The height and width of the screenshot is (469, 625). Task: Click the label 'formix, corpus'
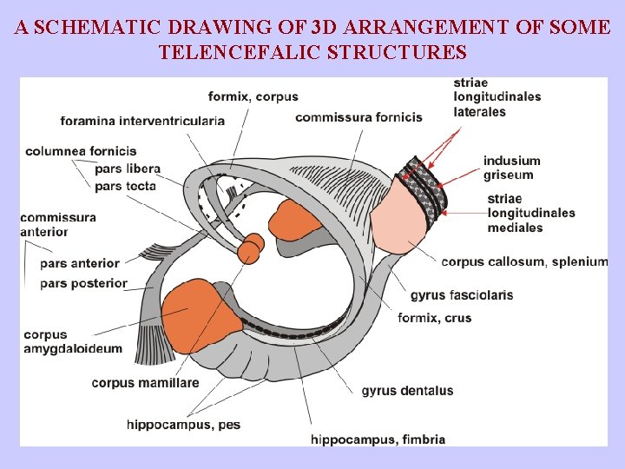(x=253, y=96)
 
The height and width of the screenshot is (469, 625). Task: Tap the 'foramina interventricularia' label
(x=142, y=121)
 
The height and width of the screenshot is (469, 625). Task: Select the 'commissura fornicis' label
(x=359, y=117)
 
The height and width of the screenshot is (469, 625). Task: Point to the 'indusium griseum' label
(x=511, y=168)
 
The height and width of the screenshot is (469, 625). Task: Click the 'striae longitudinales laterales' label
(x=497, y=97)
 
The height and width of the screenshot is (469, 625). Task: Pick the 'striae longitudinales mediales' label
(x=531, y=213)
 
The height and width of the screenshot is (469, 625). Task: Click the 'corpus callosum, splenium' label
(x=524, y=261)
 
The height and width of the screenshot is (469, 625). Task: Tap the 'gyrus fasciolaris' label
(x=461, y=295)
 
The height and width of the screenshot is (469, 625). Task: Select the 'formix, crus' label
(x=434, y=318)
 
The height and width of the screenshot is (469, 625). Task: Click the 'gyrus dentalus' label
(x=407, y=391)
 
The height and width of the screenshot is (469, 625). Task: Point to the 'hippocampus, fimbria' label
(x=378, y=439)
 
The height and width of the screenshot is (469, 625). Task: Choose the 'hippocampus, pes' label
(x=183, y=425)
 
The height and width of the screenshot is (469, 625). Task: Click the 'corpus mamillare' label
(x=145, y=383)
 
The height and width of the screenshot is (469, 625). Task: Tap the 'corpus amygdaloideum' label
(x=73, y=342)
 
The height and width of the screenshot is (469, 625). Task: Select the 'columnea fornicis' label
(x=81, y=151)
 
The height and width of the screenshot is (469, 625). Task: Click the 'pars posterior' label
(x=83, y=283)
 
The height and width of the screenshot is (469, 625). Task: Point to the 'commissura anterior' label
(x=57, y=224)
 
